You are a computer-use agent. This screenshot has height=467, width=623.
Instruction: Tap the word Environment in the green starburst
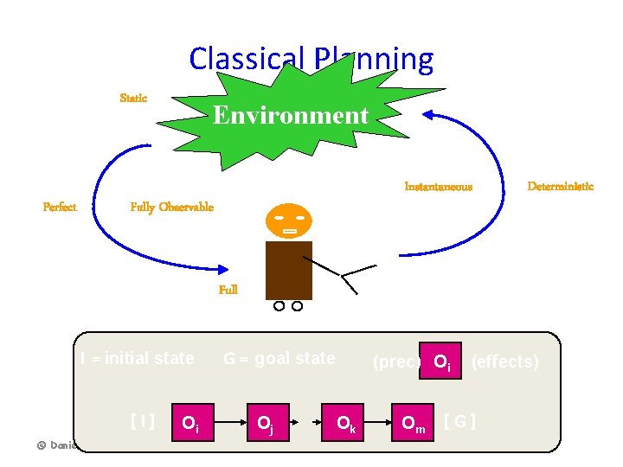(x=291, y=115)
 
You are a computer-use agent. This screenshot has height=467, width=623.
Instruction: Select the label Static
(x=133, y=99)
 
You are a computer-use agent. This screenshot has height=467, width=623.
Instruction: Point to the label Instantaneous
(x=438, y=187)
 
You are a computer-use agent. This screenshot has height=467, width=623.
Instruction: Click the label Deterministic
(x=561, y=187)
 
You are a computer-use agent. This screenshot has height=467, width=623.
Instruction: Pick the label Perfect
(x=60, y=208)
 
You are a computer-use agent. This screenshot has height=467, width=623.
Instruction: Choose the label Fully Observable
(x=171, y=208)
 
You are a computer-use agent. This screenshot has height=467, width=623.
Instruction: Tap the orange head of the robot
(x=288, y=222)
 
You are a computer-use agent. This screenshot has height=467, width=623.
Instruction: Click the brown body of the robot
(x=288, y=270)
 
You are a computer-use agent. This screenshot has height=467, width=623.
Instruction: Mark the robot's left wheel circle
(x=279, y=306)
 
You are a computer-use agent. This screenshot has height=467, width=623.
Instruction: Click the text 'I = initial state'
(x=137, y=358)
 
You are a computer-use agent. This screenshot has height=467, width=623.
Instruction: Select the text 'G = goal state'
(x=279, y=358)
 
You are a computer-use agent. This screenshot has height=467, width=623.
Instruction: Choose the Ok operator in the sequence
(x=344, y=423)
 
